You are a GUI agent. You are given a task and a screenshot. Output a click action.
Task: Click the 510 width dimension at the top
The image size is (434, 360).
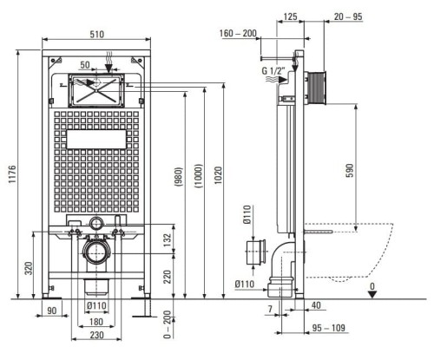[96, 34]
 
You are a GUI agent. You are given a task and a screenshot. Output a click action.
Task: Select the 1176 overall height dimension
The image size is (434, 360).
[12, 174]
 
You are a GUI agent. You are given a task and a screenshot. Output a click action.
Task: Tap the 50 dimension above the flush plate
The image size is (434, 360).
[85, 65]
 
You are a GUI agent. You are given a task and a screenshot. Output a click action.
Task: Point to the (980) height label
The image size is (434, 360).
[179, 177]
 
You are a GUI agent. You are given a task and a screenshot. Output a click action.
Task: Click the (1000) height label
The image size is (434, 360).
[199, 176]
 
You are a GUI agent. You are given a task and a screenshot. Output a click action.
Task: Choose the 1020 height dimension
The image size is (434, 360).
[219, 175]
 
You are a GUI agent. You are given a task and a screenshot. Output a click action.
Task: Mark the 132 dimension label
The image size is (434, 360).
[168, 240]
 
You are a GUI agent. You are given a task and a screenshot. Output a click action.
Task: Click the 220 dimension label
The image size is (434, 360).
[168, 277]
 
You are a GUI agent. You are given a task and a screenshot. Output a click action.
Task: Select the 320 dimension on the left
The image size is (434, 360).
[29, 268]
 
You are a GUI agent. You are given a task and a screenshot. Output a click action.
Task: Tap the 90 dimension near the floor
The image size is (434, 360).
[51, 311]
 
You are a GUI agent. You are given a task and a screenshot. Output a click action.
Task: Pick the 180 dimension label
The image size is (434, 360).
[96, 322]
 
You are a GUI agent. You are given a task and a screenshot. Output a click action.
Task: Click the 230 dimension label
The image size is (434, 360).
[96, 335]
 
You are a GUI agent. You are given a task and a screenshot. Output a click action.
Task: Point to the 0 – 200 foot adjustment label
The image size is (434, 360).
[168, 324]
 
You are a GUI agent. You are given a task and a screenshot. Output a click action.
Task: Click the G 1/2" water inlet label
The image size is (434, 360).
[273, 70]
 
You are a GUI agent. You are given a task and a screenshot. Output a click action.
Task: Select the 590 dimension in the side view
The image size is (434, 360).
[350, 171]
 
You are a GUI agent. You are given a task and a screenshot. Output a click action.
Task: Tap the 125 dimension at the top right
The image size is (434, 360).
[290, 16]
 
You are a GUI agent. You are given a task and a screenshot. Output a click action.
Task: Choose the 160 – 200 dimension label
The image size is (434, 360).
[238, 33]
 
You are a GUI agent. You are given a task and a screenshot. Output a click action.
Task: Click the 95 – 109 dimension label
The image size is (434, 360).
[329, 328]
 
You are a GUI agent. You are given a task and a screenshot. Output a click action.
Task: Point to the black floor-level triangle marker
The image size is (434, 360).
[372, 295]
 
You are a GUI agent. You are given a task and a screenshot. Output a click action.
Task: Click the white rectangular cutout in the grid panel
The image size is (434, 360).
[96, 139]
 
